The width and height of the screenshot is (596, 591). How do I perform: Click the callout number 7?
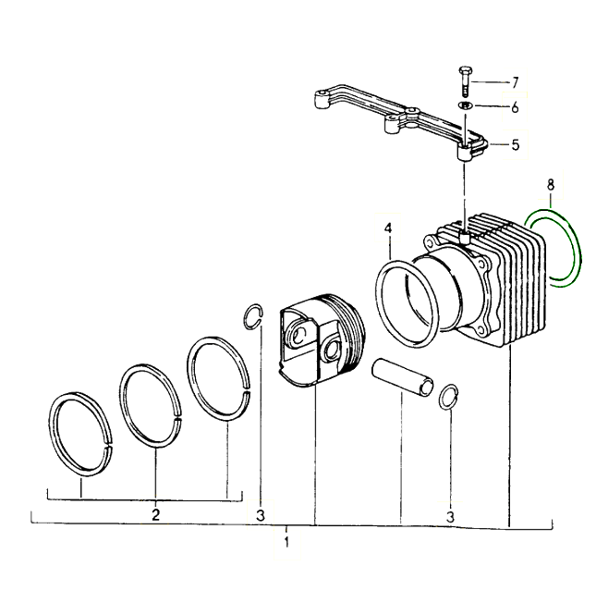[515, 82]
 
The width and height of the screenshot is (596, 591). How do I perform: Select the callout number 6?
[515, 107]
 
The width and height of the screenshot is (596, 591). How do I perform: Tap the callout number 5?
[516, 144]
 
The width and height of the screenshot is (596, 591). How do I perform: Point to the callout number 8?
[551, 185]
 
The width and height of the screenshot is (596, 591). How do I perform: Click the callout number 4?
[388, 228]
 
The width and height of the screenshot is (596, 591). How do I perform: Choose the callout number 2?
[156, 514]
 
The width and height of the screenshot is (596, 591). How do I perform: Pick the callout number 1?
[287, 542]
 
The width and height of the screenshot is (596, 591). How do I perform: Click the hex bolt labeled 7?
[465, 81]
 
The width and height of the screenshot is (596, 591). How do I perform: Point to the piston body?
[322, 340]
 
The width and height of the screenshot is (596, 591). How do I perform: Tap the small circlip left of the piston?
[244, 316]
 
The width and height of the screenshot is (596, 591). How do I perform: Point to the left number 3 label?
[261, 516]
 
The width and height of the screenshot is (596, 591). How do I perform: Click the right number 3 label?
[450, 517]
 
